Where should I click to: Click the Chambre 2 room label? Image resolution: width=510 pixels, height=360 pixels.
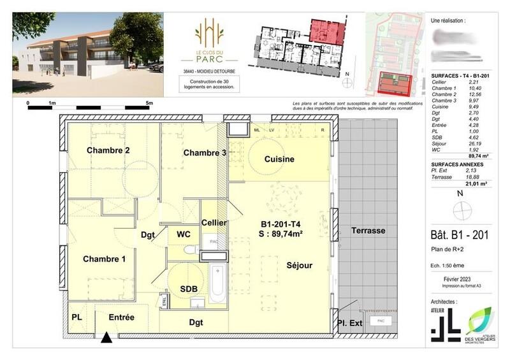coord(109,150)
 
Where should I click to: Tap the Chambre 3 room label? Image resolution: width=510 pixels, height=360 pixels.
coord(205,153)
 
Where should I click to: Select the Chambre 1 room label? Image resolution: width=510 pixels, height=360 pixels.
coord(104,259)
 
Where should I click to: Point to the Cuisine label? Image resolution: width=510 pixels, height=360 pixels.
coord(279,159)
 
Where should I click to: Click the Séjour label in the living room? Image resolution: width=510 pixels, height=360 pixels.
coord(299,264)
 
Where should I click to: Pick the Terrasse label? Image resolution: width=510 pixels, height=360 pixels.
coord(367,230)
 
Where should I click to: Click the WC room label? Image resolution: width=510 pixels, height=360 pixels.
coord(184,234)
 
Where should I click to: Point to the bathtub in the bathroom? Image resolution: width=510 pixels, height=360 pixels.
coord(217,284)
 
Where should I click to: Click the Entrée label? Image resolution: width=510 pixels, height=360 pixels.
coord(122,317)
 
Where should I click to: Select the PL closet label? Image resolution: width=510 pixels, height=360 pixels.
coord(77,317)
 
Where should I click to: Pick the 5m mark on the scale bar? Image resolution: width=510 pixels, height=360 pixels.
coord(149,102)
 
